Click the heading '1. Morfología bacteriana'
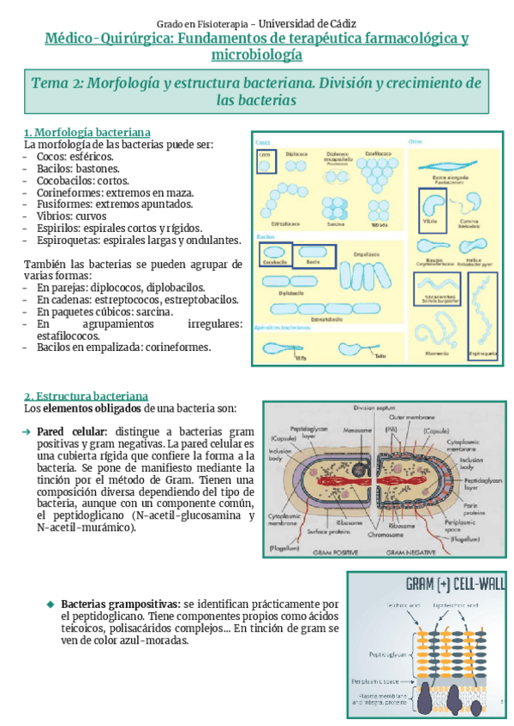click(87, 133)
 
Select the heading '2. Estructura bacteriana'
click(86, 396)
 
